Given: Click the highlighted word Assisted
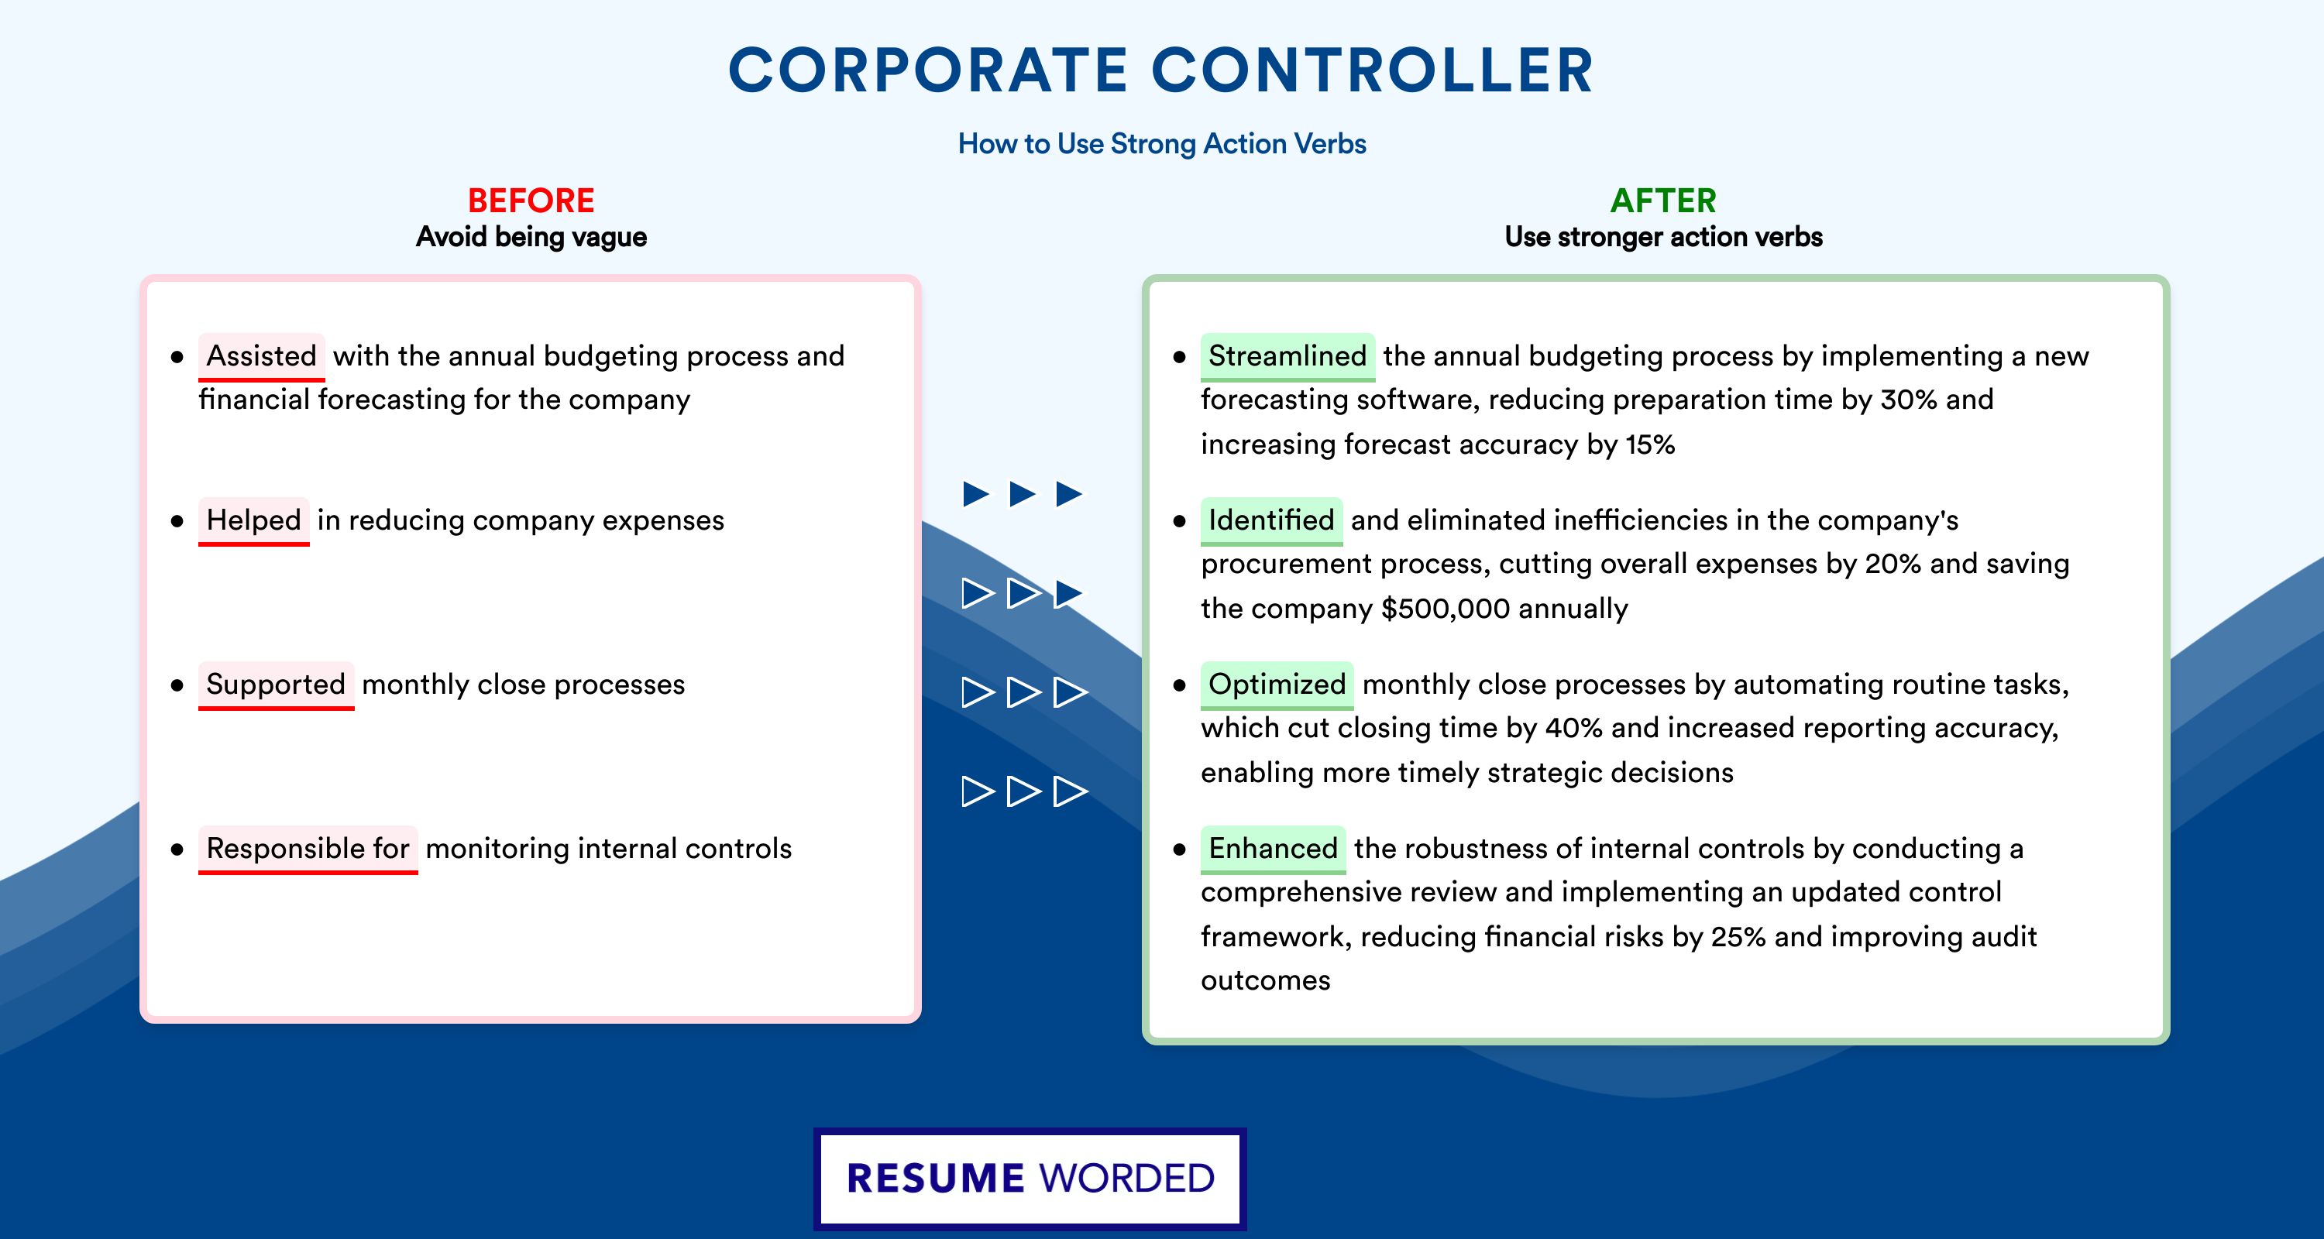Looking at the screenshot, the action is point(262,356).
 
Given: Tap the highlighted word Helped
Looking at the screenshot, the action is point(253,520).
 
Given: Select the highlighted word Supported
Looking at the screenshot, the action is point(276,685).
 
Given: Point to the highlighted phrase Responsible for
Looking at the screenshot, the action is point(308,849).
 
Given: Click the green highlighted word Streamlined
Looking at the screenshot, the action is point(1287,356).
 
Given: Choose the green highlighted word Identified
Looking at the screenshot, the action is point(1271,520).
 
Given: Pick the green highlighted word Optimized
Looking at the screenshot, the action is point(1277,685).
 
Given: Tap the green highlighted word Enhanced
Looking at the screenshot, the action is point(1273,849).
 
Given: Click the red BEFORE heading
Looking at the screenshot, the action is point(531,201).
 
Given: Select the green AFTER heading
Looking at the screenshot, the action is point(1664,201).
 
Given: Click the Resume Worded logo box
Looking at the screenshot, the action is point(1030,1179).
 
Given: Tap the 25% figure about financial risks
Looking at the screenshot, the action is point(1738,937).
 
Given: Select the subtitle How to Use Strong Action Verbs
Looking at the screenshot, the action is point(1162,143).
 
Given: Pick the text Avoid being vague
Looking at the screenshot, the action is point(531,237).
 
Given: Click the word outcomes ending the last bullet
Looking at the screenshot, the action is point(1265,981).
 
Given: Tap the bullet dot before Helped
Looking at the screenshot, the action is point(177,521).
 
